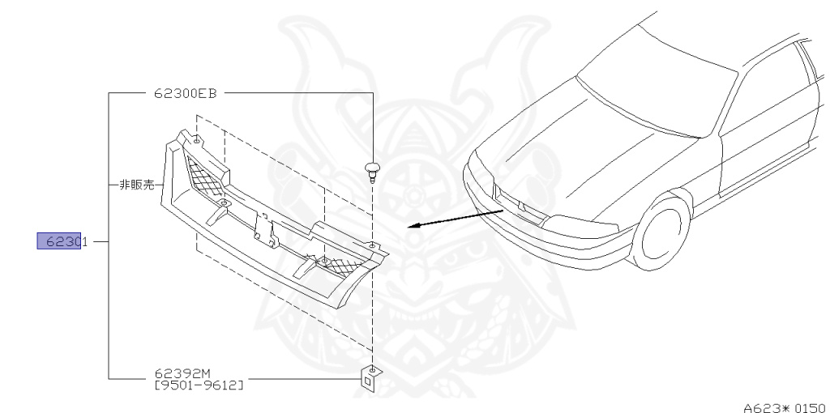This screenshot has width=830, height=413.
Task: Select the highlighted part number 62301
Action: pos(63,241)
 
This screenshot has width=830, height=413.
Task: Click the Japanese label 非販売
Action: pos(136,185)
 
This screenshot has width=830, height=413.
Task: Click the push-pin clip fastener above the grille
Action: pos(372,170)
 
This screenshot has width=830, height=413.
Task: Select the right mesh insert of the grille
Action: pos(340,261)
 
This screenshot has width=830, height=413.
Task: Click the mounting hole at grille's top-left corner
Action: pos(197,139)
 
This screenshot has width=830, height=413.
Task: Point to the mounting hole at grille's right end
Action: pos(371,244)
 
